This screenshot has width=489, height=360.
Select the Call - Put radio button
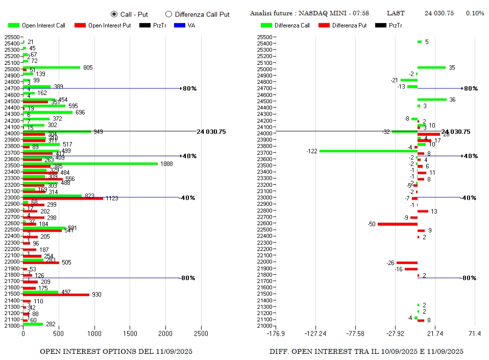coord(114,14)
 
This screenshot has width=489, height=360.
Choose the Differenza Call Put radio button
coord(169,14)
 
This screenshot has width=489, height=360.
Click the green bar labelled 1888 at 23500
coord(90,163)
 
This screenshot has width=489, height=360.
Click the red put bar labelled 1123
coord(63,199)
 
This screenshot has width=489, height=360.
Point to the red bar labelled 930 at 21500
coord(56,295)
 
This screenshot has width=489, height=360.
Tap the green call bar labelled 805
coord(52,67)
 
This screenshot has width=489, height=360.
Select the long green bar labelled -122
coord(368,151)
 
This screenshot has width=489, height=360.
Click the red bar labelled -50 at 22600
coord(397,224)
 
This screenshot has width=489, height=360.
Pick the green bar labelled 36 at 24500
coord(432,100)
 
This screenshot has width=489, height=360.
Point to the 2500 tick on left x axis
coord(201,333)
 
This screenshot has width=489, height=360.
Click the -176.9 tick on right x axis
coord(276,333)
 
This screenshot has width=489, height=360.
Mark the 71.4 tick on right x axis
coord(475,333)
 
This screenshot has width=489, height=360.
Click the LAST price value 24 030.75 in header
coord(439,13)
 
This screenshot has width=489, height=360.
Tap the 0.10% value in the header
coord(475,13)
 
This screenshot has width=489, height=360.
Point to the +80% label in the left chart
coord(189,88)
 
